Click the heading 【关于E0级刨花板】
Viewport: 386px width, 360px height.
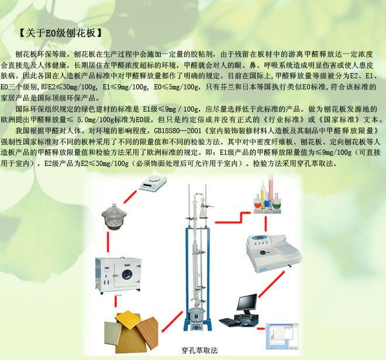pyautogui.click(x=61, y=33)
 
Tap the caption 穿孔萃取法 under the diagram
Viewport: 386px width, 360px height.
pyautogui.click(x=199, y=350)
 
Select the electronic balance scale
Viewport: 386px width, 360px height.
pyautogui.click(x=153, y=183)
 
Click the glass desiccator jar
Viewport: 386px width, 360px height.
pyautogui.click(x=114, y=217)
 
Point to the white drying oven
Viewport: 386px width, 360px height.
pyautogui.click(x=118, y=276)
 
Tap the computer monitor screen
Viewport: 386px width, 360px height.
pyautogui.click(x=247, y=302)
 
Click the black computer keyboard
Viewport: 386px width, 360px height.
pyautogui.click(x=230, y=322)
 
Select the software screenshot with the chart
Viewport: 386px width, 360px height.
pyautogui.click(x=282, y=336)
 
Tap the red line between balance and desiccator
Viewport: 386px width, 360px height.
pyautogui.click(x=130, y=196)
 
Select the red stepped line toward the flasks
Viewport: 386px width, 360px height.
pyautogui.click(x=233, y=217)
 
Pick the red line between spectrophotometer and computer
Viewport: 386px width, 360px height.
pyautogui.click(x=271, y=284)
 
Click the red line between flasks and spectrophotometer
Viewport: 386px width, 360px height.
pyautogui.click(x=266, y=224)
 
